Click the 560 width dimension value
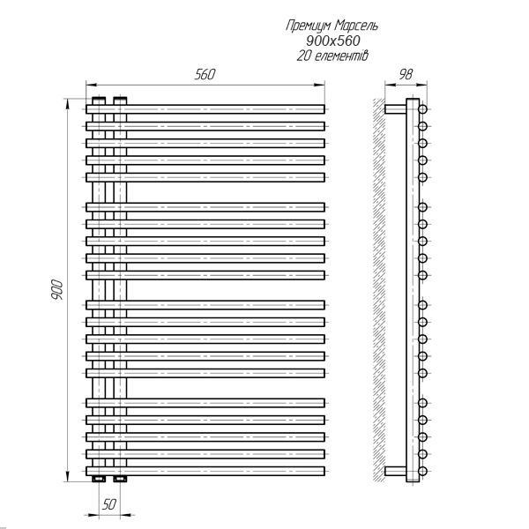[205, 75]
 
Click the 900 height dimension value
[56, 291]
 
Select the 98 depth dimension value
[406, 75]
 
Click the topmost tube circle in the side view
[423, 108]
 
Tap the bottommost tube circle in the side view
[423, 469]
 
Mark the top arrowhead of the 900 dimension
[69, 101]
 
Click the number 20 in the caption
[304, 56]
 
